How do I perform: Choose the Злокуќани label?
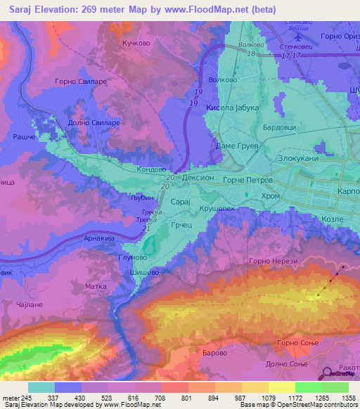point(298,159)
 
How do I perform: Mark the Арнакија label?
point(99,240)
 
